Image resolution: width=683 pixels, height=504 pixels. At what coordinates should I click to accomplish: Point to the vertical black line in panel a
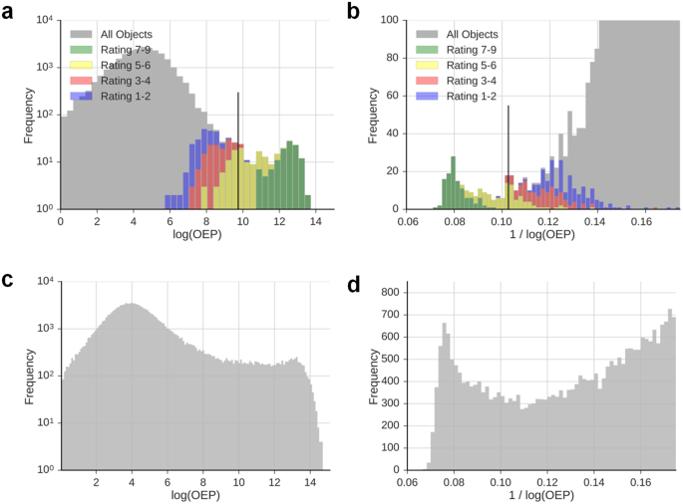[238, 149]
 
